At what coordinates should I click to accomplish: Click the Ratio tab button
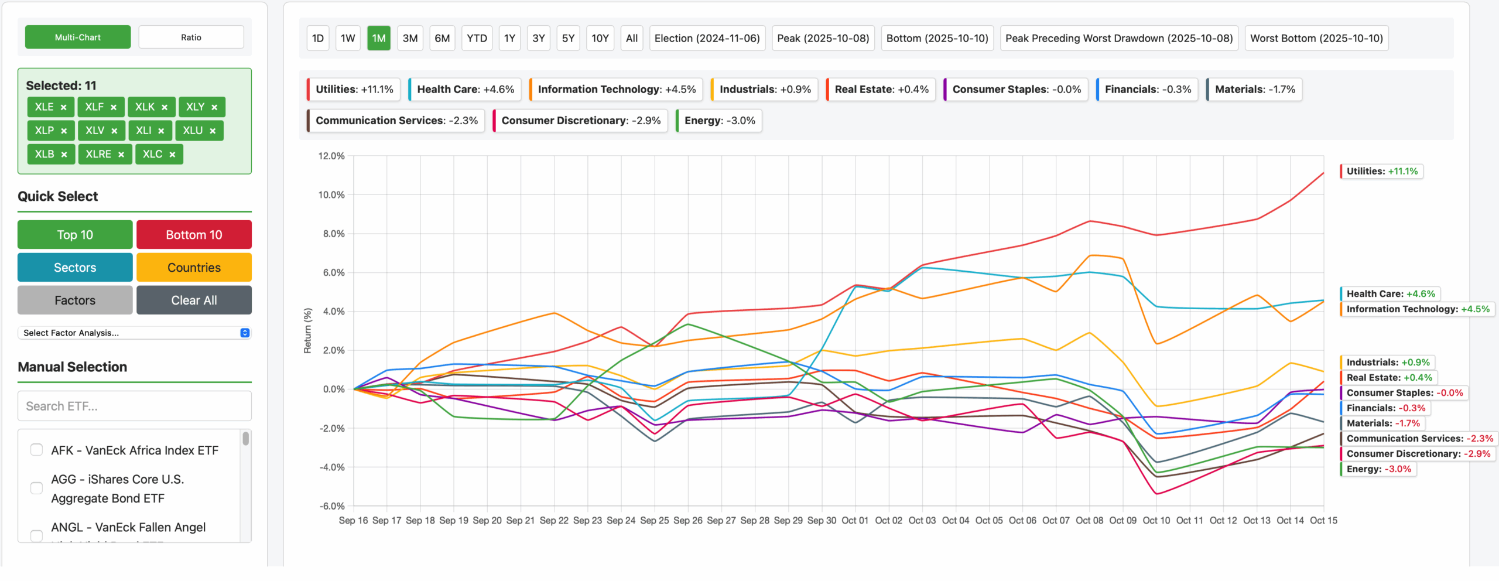[191, 37]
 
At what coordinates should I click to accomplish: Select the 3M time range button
[410, 39]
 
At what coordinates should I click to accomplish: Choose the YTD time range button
[477, 39]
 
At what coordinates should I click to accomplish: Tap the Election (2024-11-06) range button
[707, 39]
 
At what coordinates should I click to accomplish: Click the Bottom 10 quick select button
[194, 235]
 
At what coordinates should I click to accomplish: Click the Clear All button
[194, 300]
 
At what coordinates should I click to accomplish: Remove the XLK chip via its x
[165, 107]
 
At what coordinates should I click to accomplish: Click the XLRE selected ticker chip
[98, 154]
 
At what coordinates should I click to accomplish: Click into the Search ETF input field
[135, 406]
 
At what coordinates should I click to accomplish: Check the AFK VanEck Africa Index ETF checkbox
[37, 450]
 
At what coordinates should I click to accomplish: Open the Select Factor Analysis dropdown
[135, 333]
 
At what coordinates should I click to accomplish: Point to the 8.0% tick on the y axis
[331, 234]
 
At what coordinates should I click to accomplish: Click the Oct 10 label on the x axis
[1156, 520]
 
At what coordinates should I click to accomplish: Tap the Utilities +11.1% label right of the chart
[1382, 172]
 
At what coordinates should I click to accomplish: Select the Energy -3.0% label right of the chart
[1378, 469]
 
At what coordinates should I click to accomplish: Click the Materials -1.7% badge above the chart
[1254, 90]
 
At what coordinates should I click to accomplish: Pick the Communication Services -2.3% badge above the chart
[396, 121]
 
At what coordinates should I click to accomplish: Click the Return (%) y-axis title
[307, 331]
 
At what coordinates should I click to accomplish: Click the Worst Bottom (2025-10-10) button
[1316, 39]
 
